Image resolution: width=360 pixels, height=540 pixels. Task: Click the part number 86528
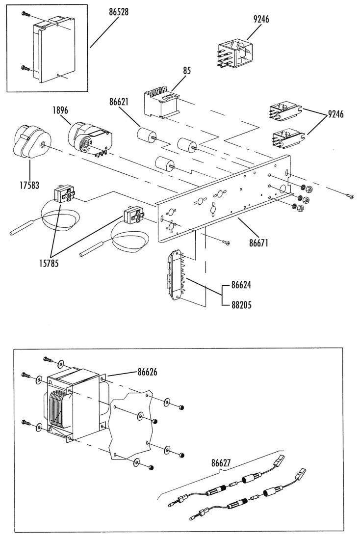pyautogui.click(x=119, y=12)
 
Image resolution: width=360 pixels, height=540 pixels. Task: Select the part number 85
pyautogui.click(x=187, y=71)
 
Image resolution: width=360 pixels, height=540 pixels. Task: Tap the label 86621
pyautogui.click(x=119, y=102)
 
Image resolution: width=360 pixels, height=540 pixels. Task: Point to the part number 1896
pyautogui.click(x=60, y=110)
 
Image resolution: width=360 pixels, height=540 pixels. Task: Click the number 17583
pyautogui.click(x=29, y=185)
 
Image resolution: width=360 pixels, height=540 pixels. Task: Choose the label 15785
pyautogui.click(x=49, y=264)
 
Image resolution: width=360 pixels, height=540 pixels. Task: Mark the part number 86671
pyautogui.click(x=259, y=243)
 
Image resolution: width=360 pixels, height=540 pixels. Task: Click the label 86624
pyautogui.click(x=241, y=285)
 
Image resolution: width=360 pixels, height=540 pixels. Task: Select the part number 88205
pyautogui.click(x=241, y=305)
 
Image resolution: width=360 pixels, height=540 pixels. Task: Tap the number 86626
pyautogui.click(x=147, y=372)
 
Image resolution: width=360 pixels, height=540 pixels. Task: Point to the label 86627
pyautogui.click(x=221, y=463)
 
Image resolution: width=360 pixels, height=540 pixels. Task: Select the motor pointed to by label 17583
pyautogui.click(x=31, y=142)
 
